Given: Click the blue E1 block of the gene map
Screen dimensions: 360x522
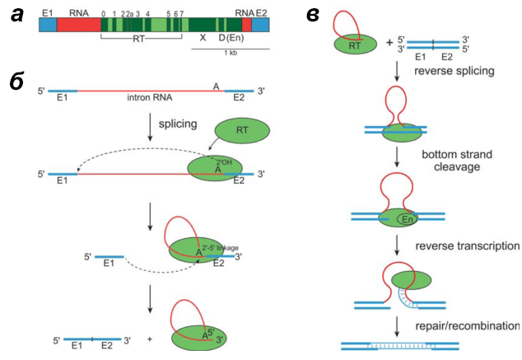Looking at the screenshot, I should pyautogui.click(x=48, y=25).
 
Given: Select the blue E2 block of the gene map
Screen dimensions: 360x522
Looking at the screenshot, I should pyautogui.click(x=260, y=25).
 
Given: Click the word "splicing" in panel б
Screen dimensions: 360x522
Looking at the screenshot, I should pyautogui.click(x=178, y=124).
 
